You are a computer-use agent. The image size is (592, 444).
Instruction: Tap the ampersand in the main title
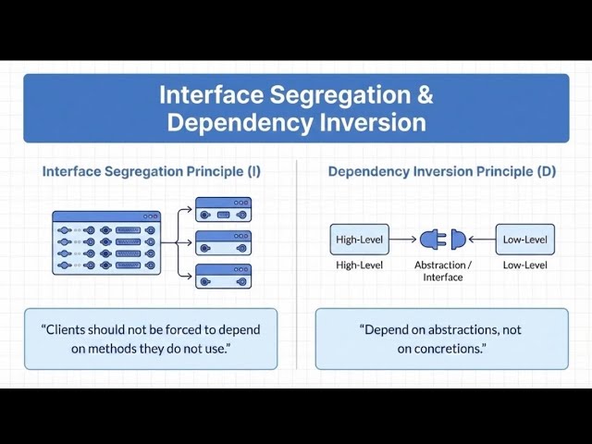[423, 95]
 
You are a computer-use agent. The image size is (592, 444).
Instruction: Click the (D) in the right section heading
[546, 171]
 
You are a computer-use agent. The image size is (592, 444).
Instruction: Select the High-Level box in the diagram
[359, 240]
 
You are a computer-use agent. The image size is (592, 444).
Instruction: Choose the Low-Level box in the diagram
[524, 240]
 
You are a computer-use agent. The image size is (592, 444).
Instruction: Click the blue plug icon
[442, 240]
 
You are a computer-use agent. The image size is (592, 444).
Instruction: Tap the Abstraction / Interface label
[442, 271]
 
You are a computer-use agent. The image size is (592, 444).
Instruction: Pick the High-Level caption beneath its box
[359, 265]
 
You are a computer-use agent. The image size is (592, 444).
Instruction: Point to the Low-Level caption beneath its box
[524, 265]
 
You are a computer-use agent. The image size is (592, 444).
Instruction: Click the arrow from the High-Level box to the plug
[403, 240]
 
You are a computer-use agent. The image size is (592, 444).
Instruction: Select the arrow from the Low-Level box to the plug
[481, 240]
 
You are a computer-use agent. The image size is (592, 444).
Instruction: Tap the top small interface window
[223, 209]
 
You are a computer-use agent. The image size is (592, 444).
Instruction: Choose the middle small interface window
[223, 243]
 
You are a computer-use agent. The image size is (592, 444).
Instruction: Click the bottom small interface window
[223, 276]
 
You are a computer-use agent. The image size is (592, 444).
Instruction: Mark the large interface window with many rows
[106, 242]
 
